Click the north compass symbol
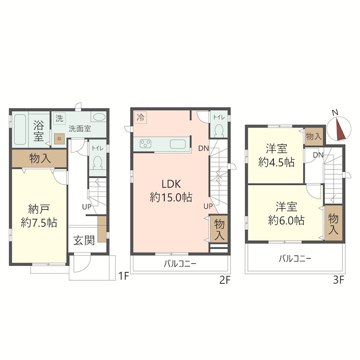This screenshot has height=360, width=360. (x=339, y=129)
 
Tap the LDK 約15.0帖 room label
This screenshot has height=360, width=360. (x=171, y=190)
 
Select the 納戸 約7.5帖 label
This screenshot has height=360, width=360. (x=39, y=216)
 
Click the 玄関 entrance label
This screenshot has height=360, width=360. (x=84, y=240)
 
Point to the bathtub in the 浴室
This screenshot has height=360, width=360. (x=20, y=130)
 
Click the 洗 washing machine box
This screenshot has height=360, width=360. (x=59, y=118)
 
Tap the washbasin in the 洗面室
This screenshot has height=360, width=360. (x=99, y=117)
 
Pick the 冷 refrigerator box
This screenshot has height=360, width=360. (x=140, y=117)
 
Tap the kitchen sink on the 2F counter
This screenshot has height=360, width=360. (x=177, y=144)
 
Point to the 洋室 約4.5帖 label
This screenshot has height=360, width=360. (x=276, y=155)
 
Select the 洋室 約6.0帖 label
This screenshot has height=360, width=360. (x=286, y=213)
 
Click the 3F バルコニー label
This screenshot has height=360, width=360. (x=295, y=259)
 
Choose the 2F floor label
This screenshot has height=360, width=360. (x=225, y=280)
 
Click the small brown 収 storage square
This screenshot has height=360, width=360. (x=59, y=139)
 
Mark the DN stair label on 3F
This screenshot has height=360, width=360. (x=318, y=155)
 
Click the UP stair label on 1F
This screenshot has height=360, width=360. (x=87, y=207)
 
